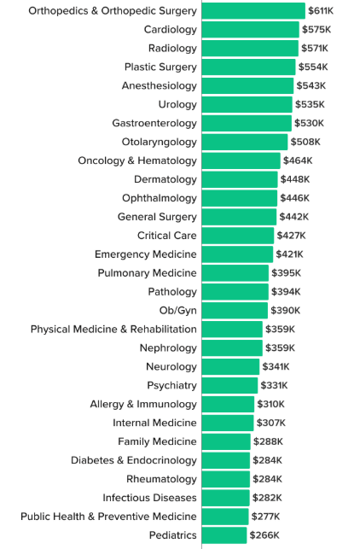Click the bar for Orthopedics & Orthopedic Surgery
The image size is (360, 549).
tap(253, 11)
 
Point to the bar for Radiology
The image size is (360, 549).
tap(250, 49)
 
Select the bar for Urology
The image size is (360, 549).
tap(247, 105)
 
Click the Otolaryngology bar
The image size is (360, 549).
tap(245, 142)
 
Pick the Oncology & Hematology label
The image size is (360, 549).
tap(136, 161)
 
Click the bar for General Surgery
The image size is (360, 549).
tap(239, 217)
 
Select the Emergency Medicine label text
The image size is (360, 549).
tap(145, 254)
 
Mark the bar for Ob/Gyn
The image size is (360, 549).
tap(235, 311)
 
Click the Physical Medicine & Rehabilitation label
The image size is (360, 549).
tap(113, 330)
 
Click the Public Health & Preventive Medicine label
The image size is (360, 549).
tap(108, 517)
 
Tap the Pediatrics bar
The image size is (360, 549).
tap(224, 535)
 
